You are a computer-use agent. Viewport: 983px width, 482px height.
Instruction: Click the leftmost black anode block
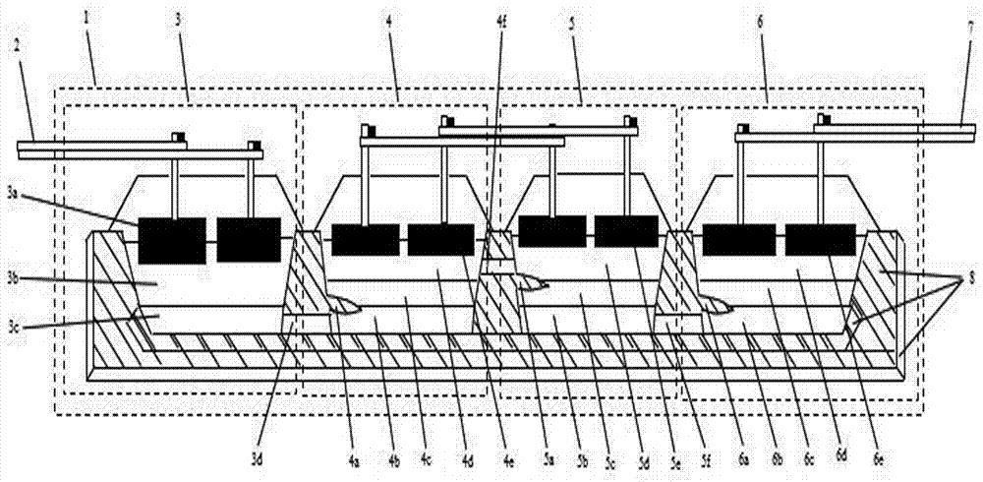pos(171,240)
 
